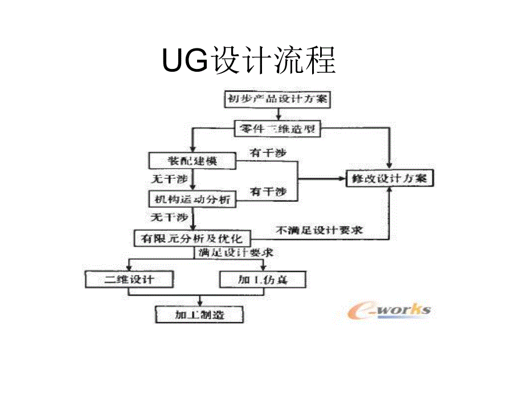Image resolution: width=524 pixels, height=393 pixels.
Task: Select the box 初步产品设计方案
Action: coord(277,99)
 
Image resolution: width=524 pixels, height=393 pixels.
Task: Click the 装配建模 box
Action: coord(192,161)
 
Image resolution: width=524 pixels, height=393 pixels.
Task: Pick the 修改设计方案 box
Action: coord(390,179)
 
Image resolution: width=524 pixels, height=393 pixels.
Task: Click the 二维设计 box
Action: coord(129,280)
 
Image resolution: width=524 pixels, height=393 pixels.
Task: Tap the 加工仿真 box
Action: coord(263,280)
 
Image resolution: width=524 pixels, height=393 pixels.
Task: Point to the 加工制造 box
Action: coord(199,314)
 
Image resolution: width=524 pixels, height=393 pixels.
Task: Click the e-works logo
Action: coord(389,310)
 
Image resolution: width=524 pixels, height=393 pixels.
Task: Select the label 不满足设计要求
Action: coord(319,231)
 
